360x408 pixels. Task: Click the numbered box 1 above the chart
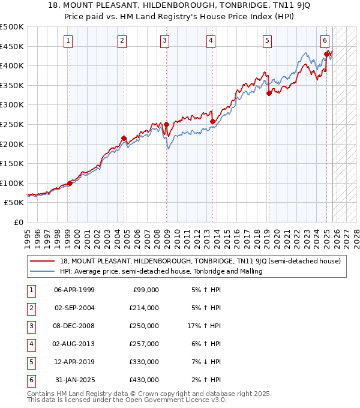click(68, 41)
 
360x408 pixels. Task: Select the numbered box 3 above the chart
click(164, 41)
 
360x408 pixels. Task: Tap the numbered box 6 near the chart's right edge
click(325, 41)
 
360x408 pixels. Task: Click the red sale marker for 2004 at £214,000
click(124, 139)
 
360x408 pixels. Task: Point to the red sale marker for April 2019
click(269, 93)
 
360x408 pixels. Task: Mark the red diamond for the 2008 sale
click(166, 125)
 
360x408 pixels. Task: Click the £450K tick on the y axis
click(12, 46)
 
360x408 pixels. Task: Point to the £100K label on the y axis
click(12, 184)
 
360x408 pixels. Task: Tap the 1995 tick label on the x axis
click(28, 235)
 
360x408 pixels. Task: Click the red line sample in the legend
click(42, 261)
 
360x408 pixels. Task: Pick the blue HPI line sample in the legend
click(42, 271)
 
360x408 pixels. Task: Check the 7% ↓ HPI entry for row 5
click(205, 362)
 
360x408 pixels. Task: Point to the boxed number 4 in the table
click(30, 344)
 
